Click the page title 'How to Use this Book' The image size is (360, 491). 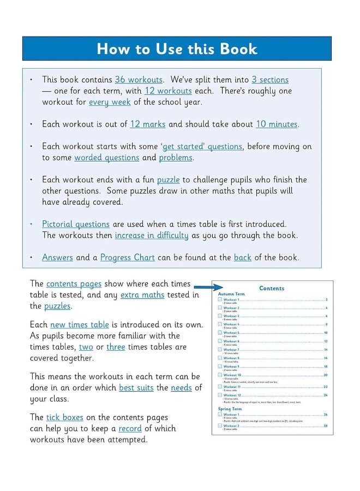pos(177,49)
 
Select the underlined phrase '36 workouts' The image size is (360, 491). pos(139,80)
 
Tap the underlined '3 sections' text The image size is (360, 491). pos(270,80)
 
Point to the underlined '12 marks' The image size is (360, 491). pos(147,124)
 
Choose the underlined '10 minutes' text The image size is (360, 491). pos(277,124)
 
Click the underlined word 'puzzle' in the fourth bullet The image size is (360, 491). pos(168,179)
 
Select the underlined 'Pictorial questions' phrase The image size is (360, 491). pos(76,224)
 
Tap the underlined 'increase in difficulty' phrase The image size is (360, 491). pos(151,236)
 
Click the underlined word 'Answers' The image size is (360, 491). pos(57,258)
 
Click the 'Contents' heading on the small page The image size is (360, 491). pos(272,288)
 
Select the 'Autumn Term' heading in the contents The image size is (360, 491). pos(230,294)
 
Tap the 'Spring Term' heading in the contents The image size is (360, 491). pos(230,409)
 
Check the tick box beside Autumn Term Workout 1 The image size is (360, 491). pos(219,300)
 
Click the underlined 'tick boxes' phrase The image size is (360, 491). pos(64,417)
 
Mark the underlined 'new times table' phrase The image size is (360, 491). pos(79,325)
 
